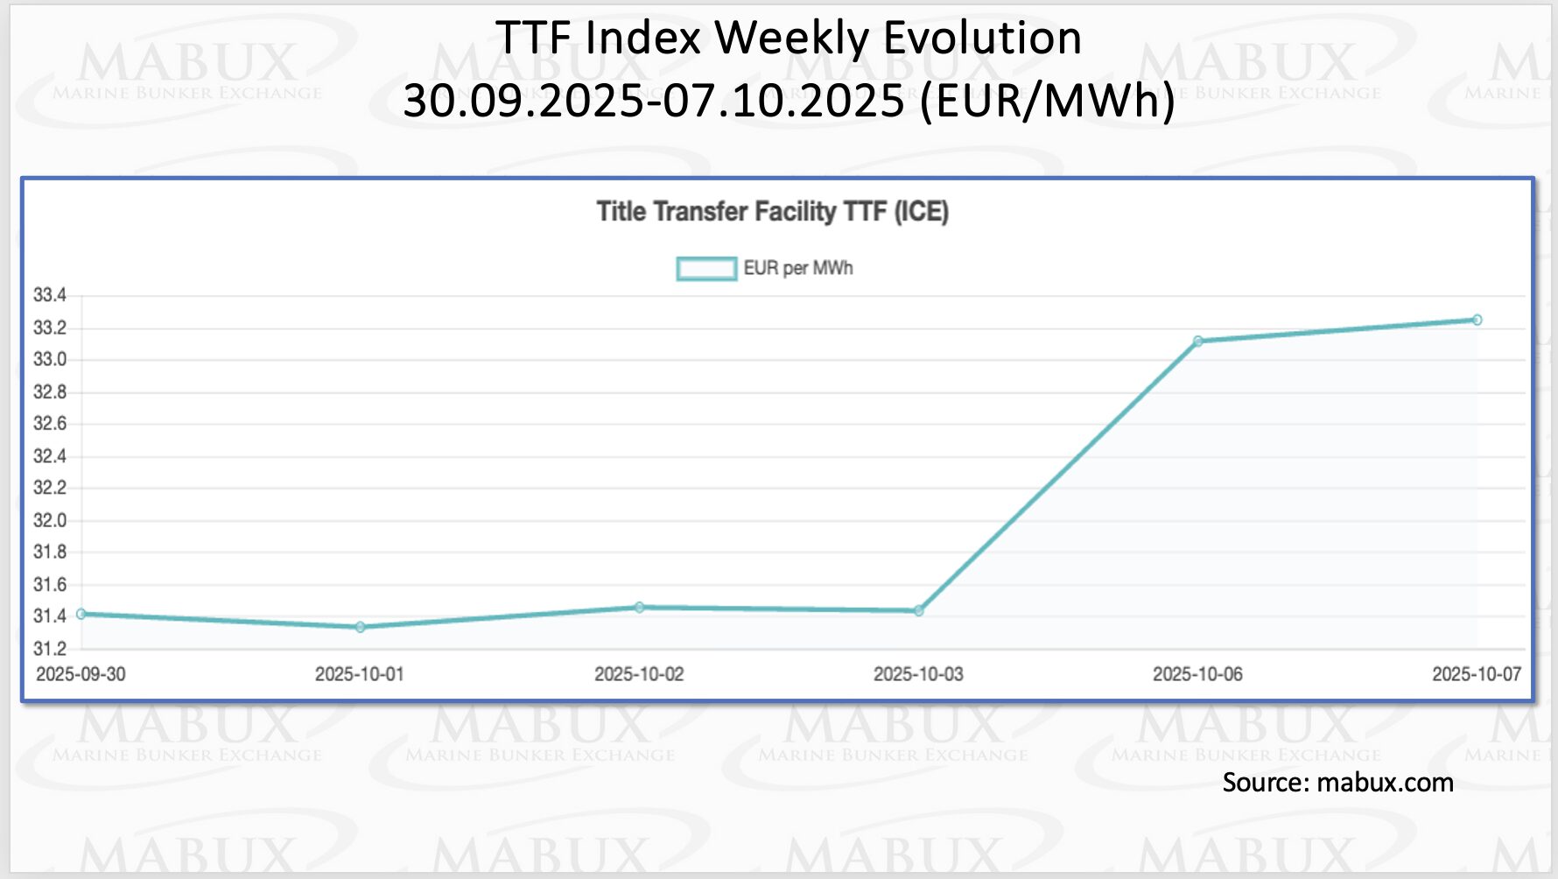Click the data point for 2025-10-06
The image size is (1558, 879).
(1197, 341)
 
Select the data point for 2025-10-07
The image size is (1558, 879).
(1477, 320)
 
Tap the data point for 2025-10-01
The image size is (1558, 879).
(360, 627)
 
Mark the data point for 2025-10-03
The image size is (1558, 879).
(918, 611)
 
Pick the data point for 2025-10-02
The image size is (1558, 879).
(639, 607)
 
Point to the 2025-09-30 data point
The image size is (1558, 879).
(81, 614)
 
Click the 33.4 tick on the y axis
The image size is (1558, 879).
(50, 295)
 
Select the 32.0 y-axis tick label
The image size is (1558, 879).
(50, 520)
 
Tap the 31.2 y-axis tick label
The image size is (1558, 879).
(50, 649)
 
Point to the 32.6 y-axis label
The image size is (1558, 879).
(50, 424)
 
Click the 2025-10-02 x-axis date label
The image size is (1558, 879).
(639, 674)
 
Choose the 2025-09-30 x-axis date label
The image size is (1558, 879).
(81, 674)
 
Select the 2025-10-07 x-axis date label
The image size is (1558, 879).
(1476, 674)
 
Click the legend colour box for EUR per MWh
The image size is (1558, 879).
(706, 269)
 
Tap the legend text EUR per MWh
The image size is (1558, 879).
(797, 269)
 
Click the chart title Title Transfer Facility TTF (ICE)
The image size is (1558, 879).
(772, 212)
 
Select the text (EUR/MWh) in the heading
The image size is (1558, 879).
(1047, 100)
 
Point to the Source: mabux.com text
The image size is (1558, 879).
(1337, 782)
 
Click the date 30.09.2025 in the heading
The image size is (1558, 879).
(523, 100)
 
